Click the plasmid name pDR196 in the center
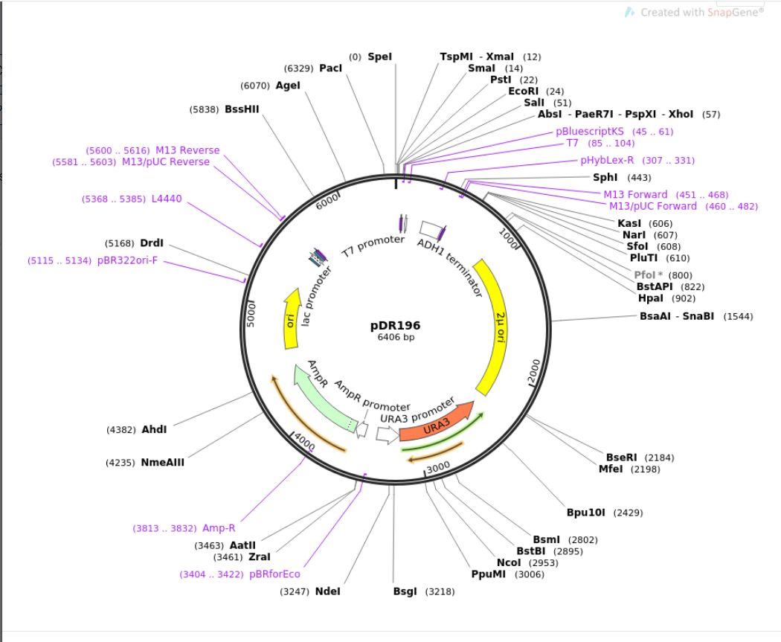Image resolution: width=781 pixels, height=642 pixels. click(396, 325)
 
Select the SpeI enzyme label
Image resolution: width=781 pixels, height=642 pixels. click(379, 57)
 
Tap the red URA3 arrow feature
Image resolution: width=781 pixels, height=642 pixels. click(437, 426)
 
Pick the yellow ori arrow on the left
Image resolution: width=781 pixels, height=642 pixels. click(291, 319)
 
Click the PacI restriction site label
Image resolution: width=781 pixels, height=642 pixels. click(331, 68)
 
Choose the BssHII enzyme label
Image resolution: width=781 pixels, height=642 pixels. click(242, 109)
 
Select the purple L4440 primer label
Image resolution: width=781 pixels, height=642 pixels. click(167, 199)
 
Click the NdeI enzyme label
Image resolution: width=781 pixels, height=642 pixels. click(327, 591)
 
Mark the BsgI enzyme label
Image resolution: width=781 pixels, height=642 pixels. click(406, 591)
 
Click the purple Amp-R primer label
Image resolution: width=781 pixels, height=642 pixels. click(219, 528)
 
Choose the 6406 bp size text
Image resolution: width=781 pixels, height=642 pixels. click(396, 338)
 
